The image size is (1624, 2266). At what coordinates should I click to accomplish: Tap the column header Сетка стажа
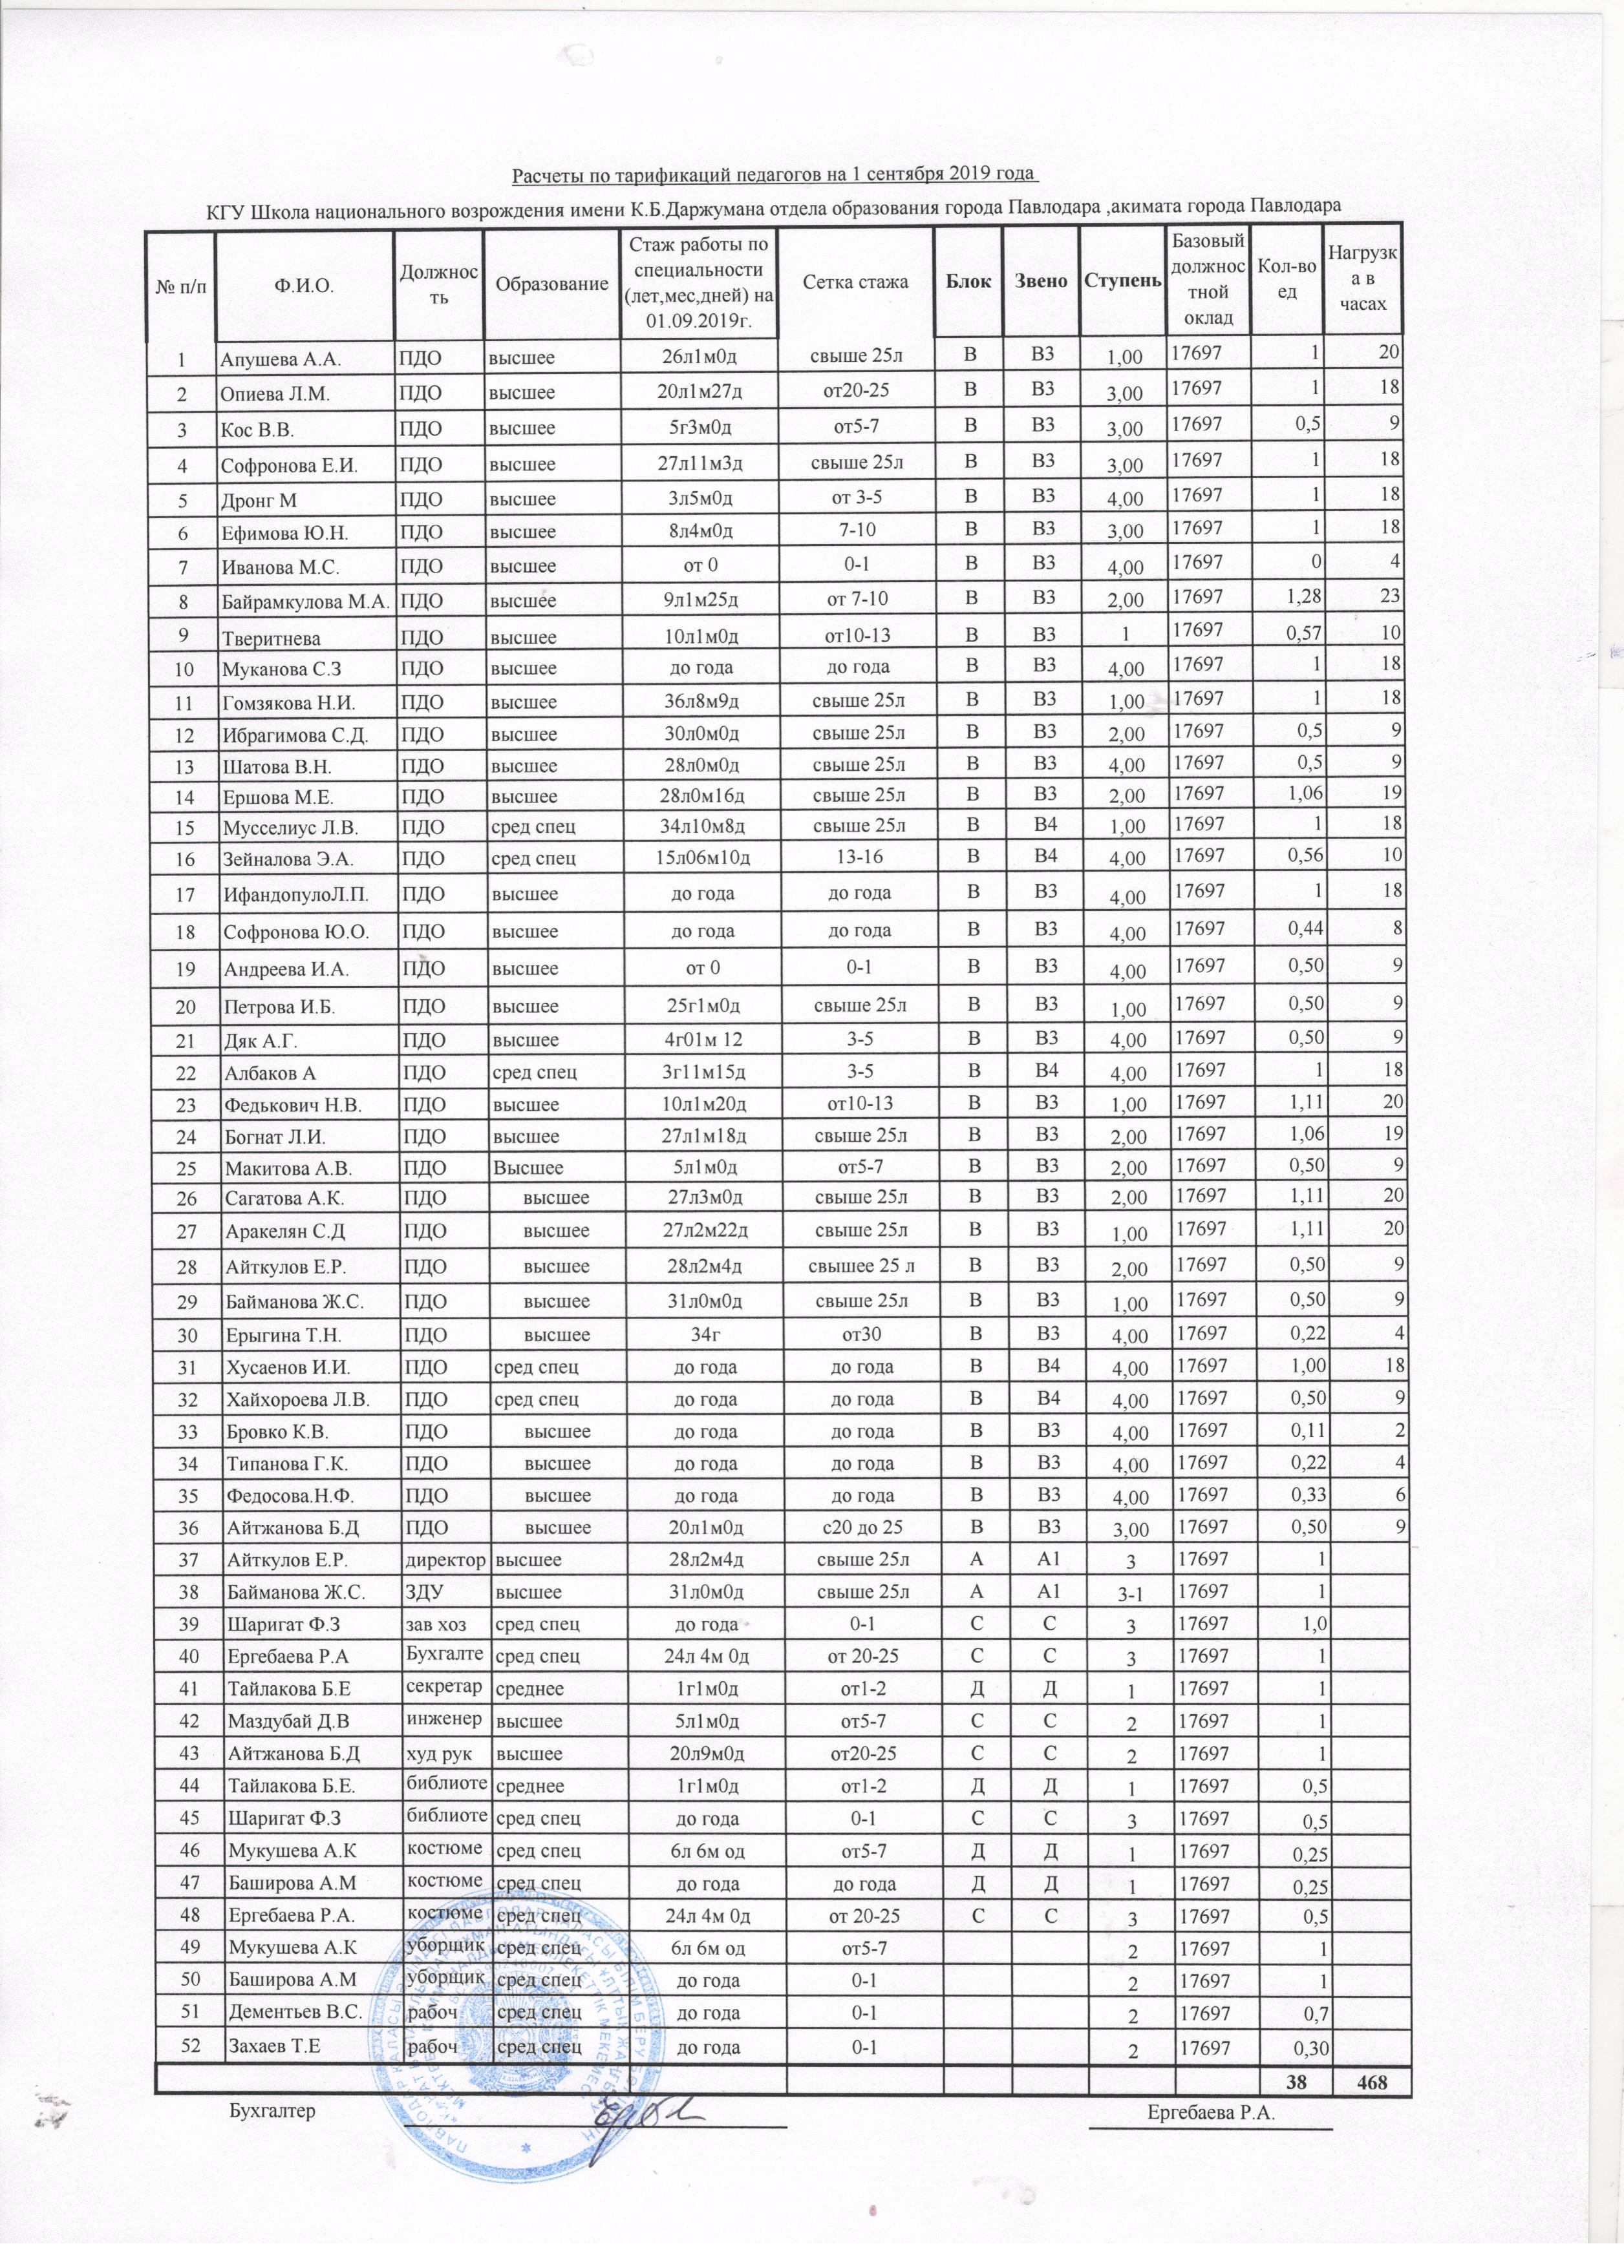(855, 282)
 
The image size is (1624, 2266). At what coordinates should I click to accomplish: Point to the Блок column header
(967, 282)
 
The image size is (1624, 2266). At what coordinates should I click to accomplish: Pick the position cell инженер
(443, 1719)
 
